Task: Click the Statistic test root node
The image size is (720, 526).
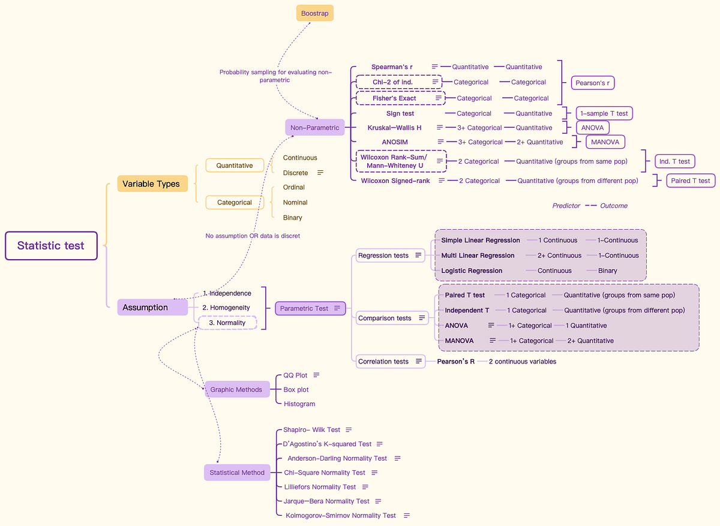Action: point(51,245)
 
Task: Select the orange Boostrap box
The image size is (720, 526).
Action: point(314,13)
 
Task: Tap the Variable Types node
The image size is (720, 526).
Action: point(152,184)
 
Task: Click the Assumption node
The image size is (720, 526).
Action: point(152,307)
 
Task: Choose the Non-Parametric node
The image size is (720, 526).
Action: point(314,127)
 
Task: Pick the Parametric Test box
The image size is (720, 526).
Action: point(310,308)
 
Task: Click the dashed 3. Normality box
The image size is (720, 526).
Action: point(227,323)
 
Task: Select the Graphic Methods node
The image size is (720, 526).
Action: point(236,389)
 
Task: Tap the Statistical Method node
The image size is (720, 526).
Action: point(237,472)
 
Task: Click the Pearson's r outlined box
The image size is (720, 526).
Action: point(592,83)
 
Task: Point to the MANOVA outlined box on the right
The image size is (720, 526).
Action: point(605,142)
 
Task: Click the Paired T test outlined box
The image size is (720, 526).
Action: point(690,181)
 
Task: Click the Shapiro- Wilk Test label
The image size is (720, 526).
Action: point(311,429)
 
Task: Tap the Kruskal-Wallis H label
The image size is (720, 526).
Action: point(394,128)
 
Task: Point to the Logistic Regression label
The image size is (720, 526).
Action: point(472,270)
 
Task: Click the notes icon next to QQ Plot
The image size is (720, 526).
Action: point(316,375)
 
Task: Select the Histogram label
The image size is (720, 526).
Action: point(299,404)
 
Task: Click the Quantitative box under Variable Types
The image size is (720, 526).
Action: point(235,166)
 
